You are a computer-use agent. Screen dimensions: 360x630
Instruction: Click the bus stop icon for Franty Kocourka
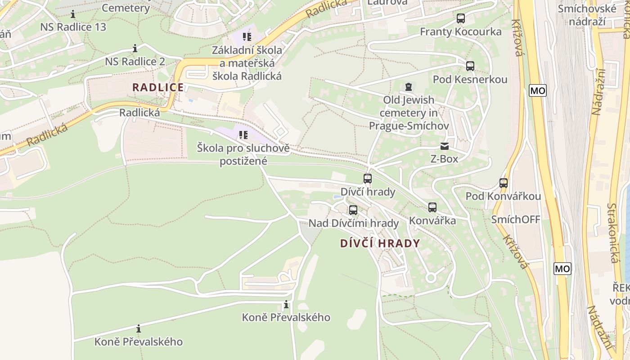[x=460, y=18]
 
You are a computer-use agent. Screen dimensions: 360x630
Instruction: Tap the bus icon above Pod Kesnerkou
[x=470, y=66]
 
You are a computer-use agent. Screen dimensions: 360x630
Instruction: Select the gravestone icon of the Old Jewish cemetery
[x=408, y=86]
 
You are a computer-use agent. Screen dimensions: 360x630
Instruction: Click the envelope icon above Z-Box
[x=444, y=146]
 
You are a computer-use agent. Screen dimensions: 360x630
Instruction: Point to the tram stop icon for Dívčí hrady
[x=367, y=179]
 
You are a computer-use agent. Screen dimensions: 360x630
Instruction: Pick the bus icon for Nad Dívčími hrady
[x=353, y=210]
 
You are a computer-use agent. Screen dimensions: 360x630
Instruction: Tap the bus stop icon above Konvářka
[x=432, y=207]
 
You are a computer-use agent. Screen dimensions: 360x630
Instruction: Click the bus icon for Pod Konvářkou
[x=503, y=183]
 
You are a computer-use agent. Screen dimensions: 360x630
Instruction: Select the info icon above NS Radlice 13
[x=73, y=14]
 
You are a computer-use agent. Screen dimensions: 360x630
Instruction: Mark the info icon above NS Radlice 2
[x=135, y=48]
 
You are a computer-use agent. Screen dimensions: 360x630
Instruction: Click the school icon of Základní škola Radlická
[x=247, y=36]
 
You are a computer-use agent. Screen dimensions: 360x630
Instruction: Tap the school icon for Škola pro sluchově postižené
[x=243, y=135]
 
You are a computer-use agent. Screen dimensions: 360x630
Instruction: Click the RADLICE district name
[x=157, y=87]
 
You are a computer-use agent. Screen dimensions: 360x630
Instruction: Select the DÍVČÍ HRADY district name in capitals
[x=380, y=243]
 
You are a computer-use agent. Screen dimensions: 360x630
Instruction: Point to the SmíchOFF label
[x=516, y=220]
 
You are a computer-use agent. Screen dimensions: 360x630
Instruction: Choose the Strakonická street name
[x=612, y=233]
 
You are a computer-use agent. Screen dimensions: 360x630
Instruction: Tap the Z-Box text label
[x=444, y=159]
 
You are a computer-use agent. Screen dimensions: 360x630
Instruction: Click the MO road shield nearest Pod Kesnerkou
[x=537, y=90]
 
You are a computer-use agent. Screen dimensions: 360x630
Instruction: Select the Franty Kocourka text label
[x=460, y=31]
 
